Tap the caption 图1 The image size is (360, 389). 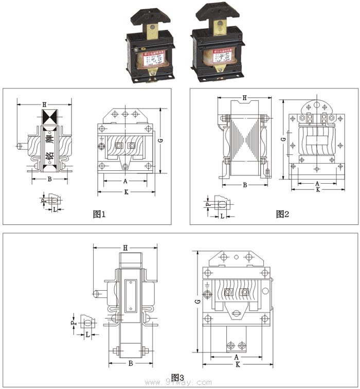[99, 214]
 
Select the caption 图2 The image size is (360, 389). [282, 214]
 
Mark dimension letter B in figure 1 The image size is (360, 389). [49, 179]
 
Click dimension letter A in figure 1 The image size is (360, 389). [125, 181]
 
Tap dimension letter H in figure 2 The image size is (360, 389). [244, 98]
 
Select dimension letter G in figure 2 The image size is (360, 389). [283, 139]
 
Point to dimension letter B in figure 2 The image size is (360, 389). [245, 184]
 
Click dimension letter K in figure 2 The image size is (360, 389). [318, 189]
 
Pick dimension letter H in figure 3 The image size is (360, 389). [125, 248]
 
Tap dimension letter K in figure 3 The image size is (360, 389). [237, 364]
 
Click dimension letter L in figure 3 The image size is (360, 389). [87, 334]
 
